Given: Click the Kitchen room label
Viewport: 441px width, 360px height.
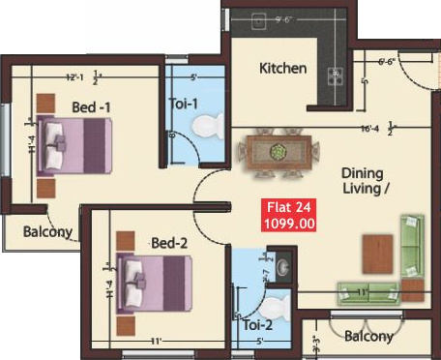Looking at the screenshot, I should click(x=283, y=69).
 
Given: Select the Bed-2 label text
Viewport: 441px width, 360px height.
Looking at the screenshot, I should click(x=168, y=242).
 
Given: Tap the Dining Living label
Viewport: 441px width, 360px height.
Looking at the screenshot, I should click(x=365, y=181).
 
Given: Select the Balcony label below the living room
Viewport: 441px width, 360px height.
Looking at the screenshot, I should click(x=368, y=336).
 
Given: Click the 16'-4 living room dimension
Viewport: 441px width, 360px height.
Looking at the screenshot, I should click(x=368, y=126).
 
